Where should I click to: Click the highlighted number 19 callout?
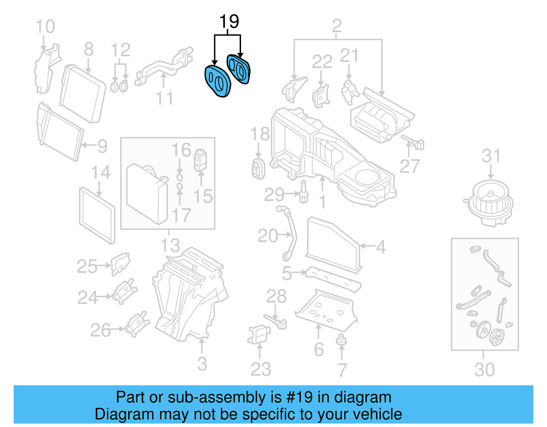tap(229, 22)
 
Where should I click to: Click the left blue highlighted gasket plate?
tap(218, 81)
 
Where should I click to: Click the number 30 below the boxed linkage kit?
tap(484, 370)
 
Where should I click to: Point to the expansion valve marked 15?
tap(200, 160)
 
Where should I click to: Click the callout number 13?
tap(170, 245)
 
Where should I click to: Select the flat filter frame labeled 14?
tap(97, 215)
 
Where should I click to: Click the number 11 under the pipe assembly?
tap(164, 98)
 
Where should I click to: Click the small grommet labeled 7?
tap(341, 339)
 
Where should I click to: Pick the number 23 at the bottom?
tap(261, 369)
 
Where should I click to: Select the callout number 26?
tap(100, 330)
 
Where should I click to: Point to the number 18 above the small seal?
tap(260, 134)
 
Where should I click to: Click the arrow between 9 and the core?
tap(88, 145)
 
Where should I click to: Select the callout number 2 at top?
tap(336, 26)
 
